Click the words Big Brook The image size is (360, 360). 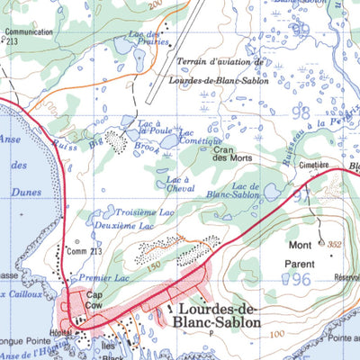(x=115, y=142)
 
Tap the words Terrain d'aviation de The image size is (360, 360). (x=219, y=62)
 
